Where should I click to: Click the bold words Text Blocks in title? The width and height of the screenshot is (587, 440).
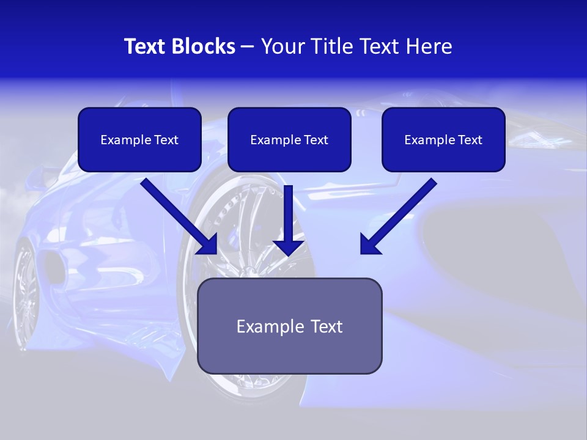point(179,46)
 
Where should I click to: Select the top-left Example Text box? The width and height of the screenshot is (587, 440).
point(139,140)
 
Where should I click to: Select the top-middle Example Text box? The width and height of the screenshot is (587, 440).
point(289,140)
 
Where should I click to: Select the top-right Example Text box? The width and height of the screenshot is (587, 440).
point(443,140)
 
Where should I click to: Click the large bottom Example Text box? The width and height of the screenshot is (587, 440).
point(289,326)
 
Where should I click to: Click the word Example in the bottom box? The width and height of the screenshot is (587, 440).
point(263,326)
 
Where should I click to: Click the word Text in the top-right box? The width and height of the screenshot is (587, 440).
point(470,140)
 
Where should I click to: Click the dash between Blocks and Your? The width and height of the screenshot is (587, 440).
point(248,47)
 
